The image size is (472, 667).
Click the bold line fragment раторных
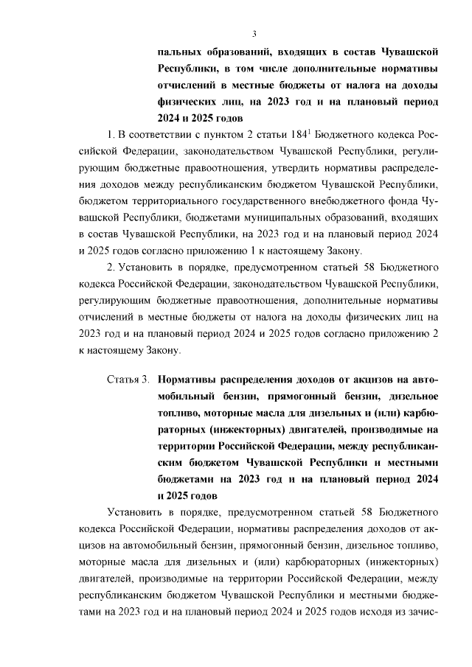184,429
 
